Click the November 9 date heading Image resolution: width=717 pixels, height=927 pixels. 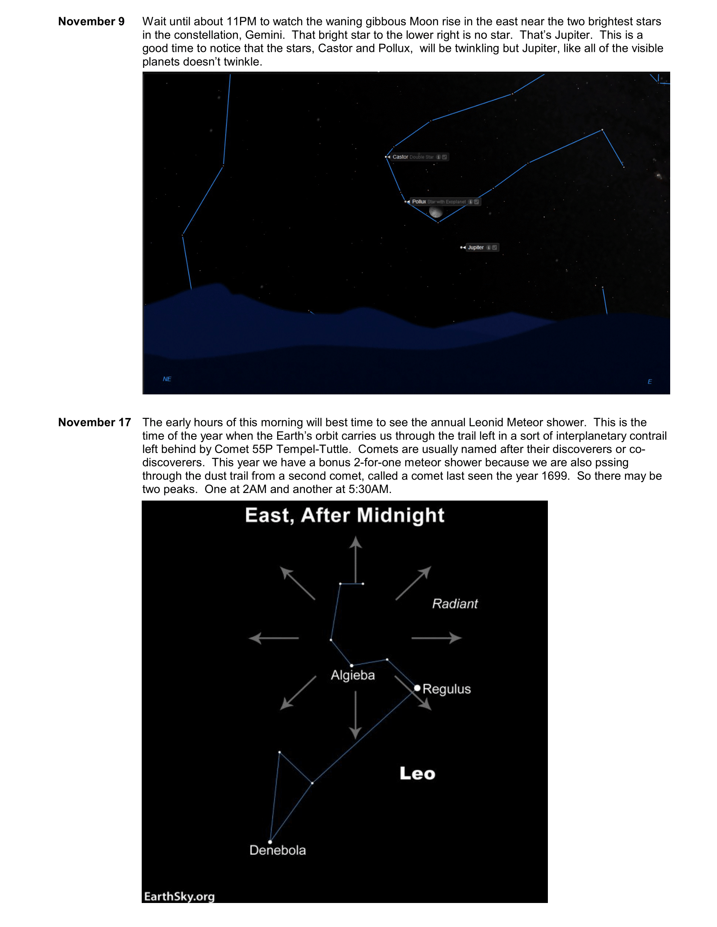91,21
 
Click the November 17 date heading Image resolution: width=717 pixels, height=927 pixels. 94,422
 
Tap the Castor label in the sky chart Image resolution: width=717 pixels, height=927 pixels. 400,157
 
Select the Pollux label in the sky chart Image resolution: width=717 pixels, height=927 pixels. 419,201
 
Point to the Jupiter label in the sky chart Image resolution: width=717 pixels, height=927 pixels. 476,247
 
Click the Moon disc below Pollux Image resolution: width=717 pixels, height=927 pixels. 436,212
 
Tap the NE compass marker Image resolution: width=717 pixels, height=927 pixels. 167,379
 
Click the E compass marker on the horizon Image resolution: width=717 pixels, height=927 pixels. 650,382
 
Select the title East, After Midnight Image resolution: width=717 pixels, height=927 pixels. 345,515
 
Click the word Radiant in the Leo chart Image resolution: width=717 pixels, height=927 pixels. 455,603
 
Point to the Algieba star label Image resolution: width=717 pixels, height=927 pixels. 353,675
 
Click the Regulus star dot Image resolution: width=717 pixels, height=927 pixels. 417,688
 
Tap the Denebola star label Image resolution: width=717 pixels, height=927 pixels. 278,850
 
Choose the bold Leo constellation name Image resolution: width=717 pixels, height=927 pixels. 417,774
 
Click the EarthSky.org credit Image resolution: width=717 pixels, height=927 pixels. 179,896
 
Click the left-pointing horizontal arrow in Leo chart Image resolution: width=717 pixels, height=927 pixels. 274,638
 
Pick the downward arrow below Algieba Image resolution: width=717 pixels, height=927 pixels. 356,715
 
